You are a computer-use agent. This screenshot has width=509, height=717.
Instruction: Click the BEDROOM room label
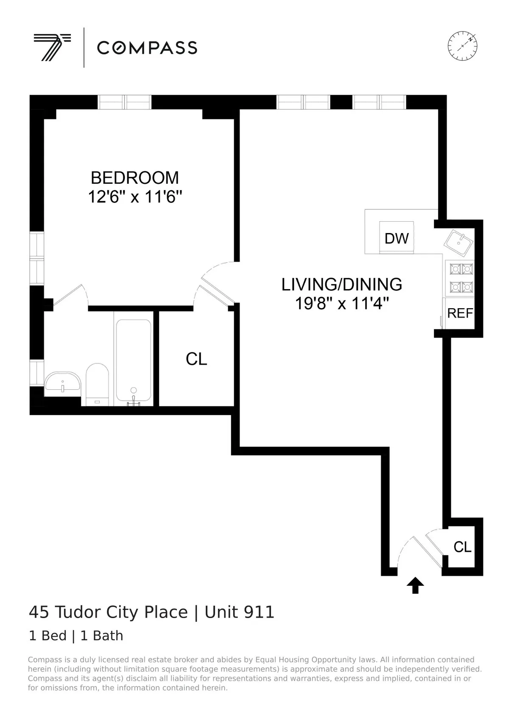135,177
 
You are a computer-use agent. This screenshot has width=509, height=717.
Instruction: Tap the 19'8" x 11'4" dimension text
342,304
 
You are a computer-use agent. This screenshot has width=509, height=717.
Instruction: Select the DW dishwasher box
397,238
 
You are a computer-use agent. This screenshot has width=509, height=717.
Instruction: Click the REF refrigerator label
460,313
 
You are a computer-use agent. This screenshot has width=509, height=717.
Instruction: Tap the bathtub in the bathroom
134,361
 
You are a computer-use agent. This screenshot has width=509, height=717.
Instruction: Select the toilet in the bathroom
97,384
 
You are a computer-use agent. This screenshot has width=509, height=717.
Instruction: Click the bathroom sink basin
62,382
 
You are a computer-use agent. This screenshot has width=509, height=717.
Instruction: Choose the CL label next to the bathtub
196,359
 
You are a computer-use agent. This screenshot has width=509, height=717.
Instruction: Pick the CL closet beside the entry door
462,547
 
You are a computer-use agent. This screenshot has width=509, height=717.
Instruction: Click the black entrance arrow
415,585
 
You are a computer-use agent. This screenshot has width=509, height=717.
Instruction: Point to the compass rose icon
462,45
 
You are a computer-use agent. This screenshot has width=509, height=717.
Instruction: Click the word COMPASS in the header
147,48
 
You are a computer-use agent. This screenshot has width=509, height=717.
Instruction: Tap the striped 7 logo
52,47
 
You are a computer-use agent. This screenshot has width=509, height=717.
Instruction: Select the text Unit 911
240,612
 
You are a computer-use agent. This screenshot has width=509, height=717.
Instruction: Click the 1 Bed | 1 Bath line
76,635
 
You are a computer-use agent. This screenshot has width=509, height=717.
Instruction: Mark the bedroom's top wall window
125,102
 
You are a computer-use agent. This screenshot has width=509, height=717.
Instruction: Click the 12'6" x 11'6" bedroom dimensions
135,197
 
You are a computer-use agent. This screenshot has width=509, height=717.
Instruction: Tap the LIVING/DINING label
342,284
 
